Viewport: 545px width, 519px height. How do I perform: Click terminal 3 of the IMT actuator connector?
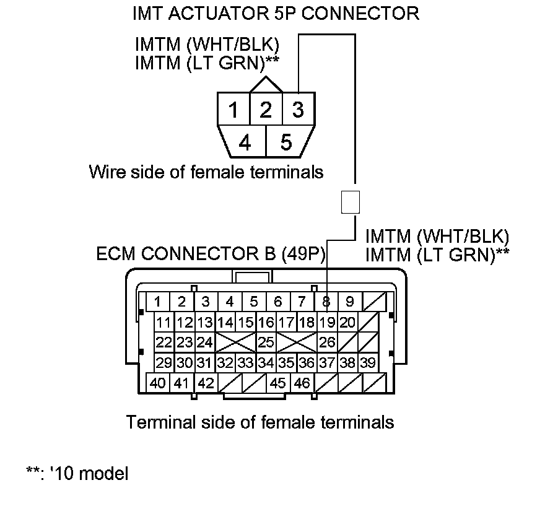(x=298, y=110)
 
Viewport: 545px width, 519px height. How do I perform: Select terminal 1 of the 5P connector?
(x=233, y=110)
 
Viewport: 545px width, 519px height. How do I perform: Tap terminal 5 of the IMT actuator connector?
(x=286, y=142)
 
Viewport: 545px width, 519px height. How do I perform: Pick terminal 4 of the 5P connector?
(x=245, y=142)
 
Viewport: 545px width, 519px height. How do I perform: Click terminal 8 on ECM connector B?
(x=326, y=302)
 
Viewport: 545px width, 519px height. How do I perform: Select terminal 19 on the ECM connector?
(x=327, y=322)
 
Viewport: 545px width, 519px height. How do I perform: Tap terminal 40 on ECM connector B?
(x=157, y=383)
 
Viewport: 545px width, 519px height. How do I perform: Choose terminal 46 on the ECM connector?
(x=302, y=383)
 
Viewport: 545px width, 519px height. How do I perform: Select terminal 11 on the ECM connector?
(x=163, y=322)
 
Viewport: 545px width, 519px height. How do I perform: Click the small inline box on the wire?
(x=350, y=202)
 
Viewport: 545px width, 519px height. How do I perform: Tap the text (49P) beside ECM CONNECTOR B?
(x=302, y=254)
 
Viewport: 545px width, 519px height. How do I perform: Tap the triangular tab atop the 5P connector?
(x=266, y=84)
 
